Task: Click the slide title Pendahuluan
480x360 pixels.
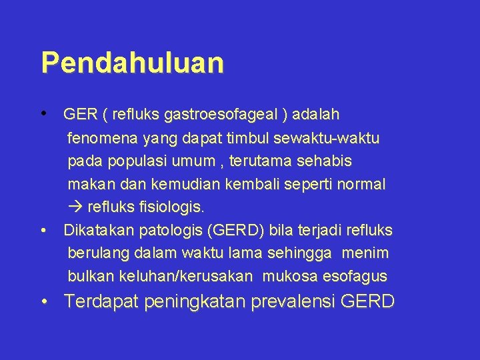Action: click(132, 63)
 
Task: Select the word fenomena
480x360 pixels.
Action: click(103, 139)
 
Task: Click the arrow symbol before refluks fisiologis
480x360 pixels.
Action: click(73, 207)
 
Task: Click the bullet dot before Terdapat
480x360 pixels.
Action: click(44, 301)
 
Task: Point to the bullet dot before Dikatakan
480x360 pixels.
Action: click(44, 231)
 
